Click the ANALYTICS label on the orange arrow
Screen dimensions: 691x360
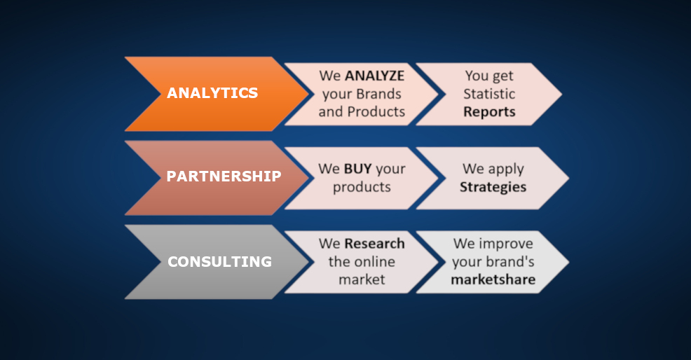click(x=212, y=93)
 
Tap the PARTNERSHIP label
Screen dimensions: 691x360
click(x=224, y=176)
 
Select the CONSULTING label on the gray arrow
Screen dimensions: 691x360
click(x=220, y=262)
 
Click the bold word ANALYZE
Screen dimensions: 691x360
click(x=375, y=76)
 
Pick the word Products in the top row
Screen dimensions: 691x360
click(x=376, y=112)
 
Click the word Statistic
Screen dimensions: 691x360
click(x=489, y=94)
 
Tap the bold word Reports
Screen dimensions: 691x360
click(x=489, y=112)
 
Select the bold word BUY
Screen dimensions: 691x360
click(x=358, y=169)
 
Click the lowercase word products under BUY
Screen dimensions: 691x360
click(x=362, y=187)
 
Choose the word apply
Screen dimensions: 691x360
click(x=506, y=169)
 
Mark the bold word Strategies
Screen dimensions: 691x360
click(x=493, y=187)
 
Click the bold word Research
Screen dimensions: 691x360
click(x=375, y=244)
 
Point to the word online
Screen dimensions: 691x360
click(x=375, y=262)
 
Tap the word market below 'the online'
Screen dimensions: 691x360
click(x=362, y=279)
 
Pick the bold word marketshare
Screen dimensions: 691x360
click(x=493, y=279)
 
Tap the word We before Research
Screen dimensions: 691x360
click(x=329, y=244)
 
